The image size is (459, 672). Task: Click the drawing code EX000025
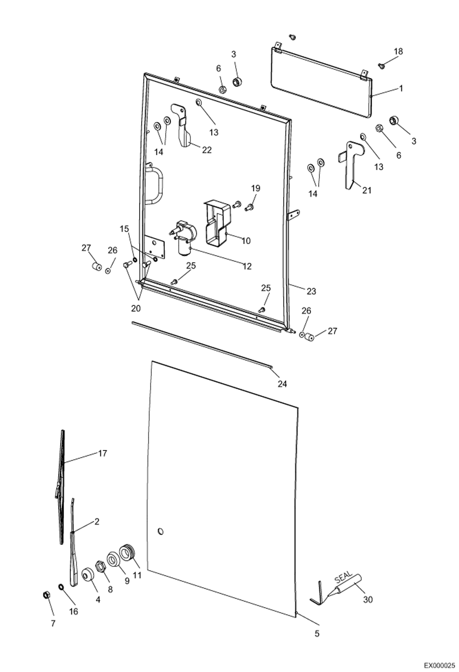[x=439, y=665]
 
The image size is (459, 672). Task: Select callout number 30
[x=368, y=599]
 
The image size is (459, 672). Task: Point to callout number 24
[x=282, y=383]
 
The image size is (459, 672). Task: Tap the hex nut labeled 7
[x=47, y=595]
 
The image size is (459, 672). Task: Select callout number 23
[x=311, y=291]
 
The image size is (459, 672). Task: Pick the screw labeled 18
[x=381, y=65]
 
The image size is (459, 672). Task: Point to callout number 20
[x=136, y=308]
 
